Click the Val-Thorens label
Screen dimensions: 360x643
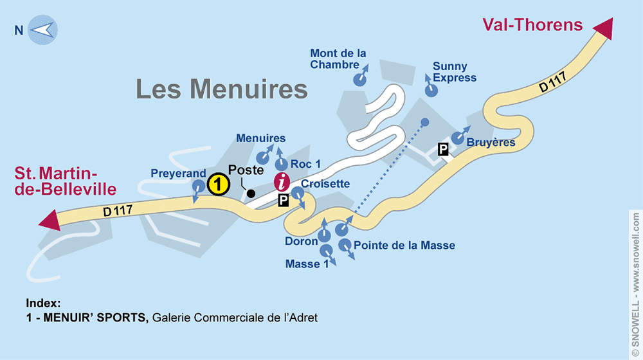[x=532, y=25]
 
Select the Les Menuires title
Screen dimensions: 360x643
[x=222, y=89]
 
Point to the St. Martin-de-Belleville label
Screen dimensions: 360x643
[x=66, y=181]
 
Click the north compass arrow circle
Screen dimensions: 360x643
[x=43, y=30]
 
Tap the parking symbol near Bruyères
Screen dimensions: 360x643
[x=443, y=150]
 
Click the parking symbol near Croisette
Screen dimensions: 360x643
[x=284, y=201]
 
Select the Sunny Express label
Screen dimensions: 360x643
[x=455, y=72]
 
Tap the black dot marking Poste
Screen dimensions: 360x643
[x=251, y=193]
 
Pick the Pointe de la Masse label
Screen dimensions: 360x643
[x=404, y=245]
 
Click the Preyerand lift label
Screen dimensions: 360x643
[x=178, y=174]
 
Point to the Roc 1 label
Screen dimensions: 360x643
[x=305, y=165]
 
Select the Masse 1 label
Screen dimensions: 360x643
[x=302, y=264]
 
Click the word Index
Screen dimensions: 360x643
[x=44, y=303]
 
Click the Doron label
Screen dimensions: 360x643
[x=302, y=241]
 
